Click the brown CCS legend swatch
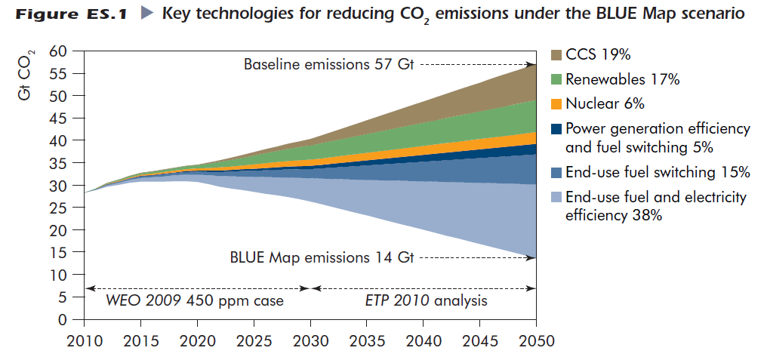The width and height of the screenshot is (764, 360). tap(556, 55)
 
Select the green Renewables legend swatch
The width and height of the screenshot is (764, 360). tap(556, 79)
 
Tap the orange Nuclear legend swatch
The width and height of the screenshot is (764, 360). tap(556, 103)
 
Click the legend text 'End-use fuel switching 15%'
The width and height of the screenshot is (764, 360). tap(657, 172)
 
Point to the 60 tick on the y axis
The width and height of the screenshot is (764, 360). tap(59, 51)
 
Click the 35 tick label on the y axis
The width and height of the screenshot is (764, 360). tap(59, 163)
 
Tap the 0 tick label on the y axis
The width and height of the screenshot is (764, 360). tap(63, 319)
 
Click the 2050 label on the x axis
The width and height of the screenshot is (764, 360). tap(535, 340)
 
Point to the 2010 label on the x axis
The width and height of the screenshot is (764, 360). tap(85, 340)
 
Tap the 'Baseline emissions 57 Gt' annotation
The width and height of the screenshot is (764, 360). tap(329, 65)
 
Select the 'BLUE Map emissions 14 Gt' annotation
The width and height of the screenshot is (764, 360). tap(322, 257)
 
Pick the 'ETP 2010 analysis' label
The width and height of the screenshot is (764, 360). tap(426, 301)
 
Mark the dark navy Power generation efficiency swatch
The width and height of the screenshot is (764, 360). tap(556, 128)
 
